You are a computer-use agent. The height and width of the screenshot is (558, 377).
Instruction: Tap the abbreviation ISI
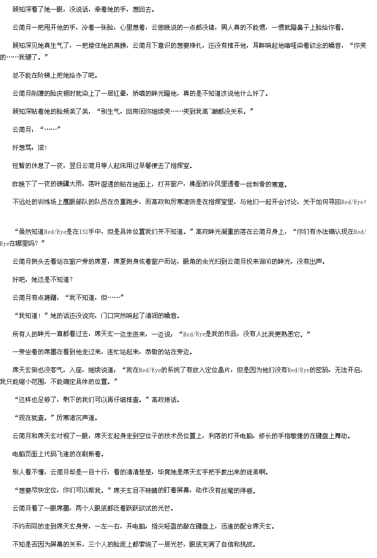click(84, 232)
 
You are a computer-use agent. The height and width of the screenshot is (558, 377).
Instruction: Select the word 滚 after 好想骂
click(41, 148)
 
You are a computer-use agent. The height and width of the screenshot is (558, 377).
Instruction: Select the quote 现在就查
click(31, 418)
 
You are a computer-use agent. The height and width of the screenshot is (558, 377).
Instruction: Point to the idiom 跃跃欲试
click(132, 508)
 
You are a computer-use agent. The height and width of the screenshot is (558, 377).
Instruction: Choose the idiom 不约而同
click(25, 526)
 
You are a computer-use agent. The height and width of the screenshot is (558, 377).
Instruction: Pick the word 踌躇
click(50, 298)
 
